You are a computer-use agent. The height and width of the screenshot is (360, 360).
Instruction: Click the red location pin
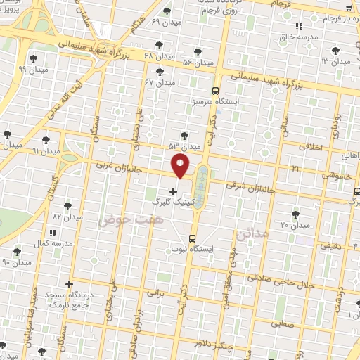click(181, 166)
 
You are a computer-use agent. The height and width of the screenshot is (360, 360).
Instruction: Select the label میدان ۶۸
click(159, 56)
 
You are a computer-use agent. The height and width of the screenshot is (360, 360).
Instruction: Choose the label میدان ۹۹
click(32, 70)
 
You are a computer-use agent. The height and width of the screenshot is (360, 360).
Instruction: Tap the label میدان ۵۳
click(184, 146)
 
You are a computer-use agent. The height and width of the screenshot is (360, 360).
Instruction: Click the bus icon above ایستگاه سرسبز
click(215, 91)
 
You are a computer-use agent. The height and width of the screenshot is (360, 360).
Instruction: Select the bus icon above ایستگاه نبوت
click(193, 238)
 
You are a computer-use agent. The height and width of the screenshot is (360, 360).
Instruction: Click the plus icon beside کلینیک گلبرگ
click(174, 191)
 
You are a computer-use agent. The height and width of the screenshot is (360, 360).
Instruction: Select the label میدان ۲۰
click(295, 225)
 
